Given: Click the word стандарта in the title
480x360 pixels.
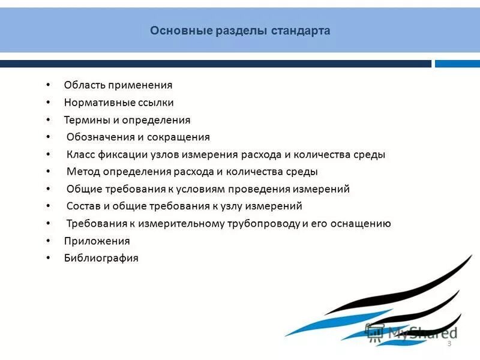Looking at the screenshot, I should tap(301, 31).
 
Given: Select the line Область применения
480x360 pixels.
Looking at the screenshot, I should tap(118, 85).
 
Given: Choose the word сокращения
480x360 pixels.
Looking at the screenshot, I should tap(178, 137).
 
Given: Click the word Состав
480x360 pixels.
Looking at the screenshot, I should tap(82, 206).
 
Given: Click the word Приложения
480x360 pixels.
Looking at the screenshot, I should tap(97, 241).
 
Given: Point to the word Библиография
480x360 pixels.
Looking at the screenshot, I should tap(101, 259).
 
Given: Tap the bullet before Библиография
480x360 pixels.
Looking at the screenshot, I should tap(48, 259).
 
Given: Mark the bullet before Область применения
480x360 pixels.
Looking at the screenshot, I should tap(48, 85).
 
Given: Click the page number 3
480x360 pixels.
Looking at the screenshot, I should tap(449, 343).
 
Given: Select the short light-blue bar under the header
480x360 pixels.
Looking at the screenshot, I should tap(457, 64).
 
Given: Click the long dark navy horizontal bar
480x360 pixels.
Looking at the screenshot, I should tap(215, 64).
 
